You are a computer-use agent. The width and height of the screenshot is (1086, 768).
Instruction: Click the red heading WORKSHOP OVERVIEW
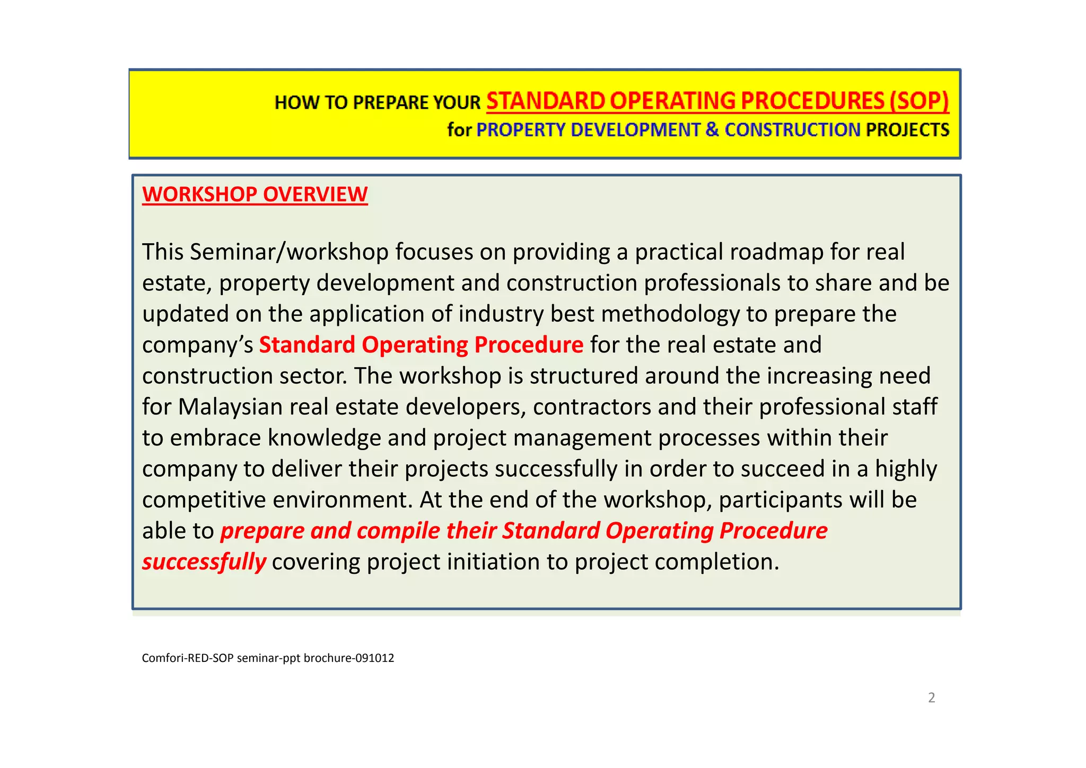point(255,194)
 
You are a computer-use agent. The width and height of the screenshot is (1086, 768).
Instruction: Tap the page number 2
point(931,697)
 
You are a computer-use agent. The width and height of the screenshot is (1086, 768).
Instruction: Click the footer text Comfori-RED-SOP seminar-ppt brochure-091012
point(268,658)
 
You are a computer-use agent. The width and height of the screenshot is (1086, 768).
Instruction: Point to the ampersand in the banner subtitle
point(712,130)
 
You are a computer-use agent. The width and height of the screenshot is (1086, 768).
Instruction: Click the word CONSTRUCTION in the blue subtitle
point(792,130)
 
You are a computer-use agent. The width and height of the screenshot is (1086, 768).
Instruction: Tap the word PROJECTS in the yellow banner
point(907,130)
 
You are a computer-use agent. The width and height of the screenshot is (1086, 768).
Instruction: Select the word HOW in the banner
point(291,102)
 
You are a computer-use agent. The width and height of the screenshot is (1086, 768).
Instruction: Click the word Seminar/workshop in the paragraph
point(289,252)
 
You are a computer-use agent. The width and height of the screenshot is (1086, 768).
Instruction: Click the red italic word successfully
point(204,562)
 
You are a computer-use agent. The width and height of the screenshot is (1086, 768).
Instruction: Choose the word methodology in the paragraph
point(670,314)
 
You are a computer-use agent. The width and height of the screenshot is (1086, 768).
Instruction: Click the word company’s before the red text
point(197,345)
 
